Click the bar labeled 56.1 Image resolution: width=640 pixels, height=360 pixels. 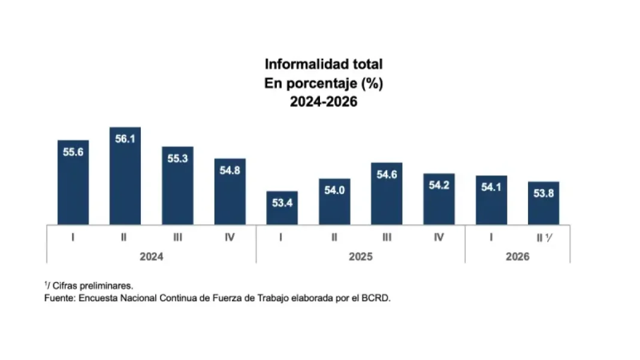(125, 176)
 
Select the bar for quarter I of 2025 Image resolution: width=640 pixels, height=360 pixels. (282, 208)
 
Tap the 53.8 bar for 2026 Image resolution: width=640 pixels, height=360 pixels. (544, 203)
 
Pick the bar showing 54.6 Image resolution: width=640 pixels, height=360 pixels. (387, 194)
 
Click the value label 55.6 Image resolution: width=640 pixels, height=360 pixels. (73, 152)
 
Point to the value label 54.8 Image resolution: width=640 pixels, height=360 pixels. (230, 170)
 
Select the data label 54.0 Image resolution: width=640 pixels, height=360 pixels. (334, 190)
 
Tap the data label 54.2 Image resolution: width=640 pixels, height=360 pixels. (439, 185)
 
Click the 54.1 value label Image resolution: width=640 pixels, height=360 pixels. (491, 187)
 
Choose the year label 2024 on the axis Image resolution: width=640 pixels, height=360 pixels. (152, 257)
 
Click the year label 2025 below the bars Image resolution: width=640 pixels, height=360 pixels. (360, 257)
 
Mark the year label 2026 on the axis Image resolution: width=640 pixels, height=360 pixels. (518, 257)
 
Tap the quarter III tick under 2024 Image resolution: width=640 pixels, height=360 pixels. (177, 237)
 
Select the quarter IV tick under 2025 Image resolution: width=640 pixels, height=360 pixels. (439, 237)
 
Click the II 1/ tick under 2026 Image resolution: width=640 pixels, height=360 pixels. (545, 238)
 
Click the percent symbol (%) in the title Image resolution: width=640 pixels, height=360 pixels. (372, 84)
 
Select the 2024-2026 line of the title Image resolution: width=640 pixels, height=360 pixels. (324, 102)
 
